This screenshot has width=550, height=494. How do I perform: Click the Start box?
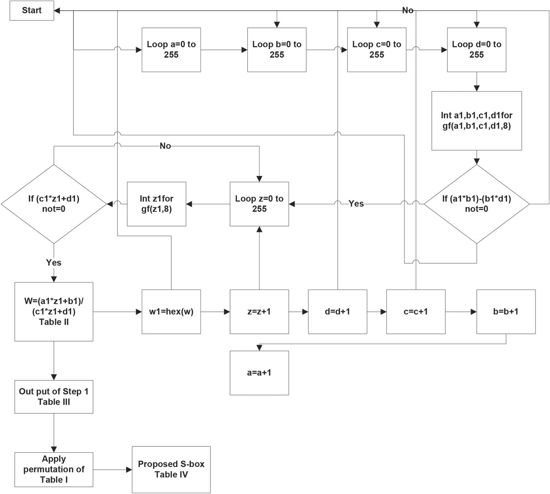click(x=31, y=11)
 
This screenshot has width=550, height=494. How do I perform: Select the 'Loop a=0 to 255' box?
click(x=171, y=50)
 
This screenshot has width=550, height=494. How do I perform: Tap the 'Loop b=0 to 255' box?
click(x=277, y=50)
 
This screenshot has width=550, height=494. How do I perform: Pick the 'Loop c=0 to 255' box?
click(x=376, y=50)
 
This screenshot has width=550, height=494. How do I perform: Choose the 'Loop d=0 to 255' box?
click(x=476, y=50)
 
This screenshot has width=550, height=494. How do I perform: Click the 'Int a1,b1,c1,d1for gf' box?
click(x=476, y=121)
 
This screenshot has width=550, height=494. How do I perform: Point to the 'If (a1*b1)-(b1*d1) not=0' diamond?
click(x=476, y=204)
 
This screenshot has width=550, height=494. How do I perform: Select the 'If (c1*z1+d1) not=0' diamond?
click(x=54, y=204)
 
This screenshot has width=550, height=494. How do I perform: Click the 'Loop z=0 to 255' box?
click(x=259, y=204)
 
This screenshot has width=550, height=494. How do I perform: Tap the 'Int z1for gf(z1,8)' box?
click(x=156, y=204)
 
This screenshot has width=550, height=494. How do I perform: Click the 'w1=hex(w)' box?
click(x=171, y=312)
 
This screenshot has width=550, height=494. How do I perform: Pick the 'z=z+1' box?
click(x=259, y=312)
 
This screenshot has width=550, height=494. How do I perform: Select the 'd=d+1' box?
click(x=337, y=312)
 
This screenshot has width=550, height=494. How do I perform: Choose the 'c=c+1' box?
click(x=416, y=312)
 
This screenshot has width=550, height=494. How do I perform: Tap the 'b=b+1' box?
click(x=506, y=312)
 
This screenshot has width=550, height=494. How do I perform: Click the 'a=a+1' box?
click(x=259, y=373)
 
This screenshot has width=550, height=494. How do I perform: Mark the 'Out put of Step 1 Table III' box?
click(x=54, y=397)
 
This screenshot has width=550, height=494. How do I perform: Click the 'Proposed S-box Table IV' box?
click(x=171, y=470)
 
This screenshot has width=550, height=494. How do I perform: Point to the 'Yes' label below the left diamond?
click(x=54, y=263)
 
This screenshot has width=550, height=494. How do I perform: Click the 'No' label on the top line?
click(x=408, y=11)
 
